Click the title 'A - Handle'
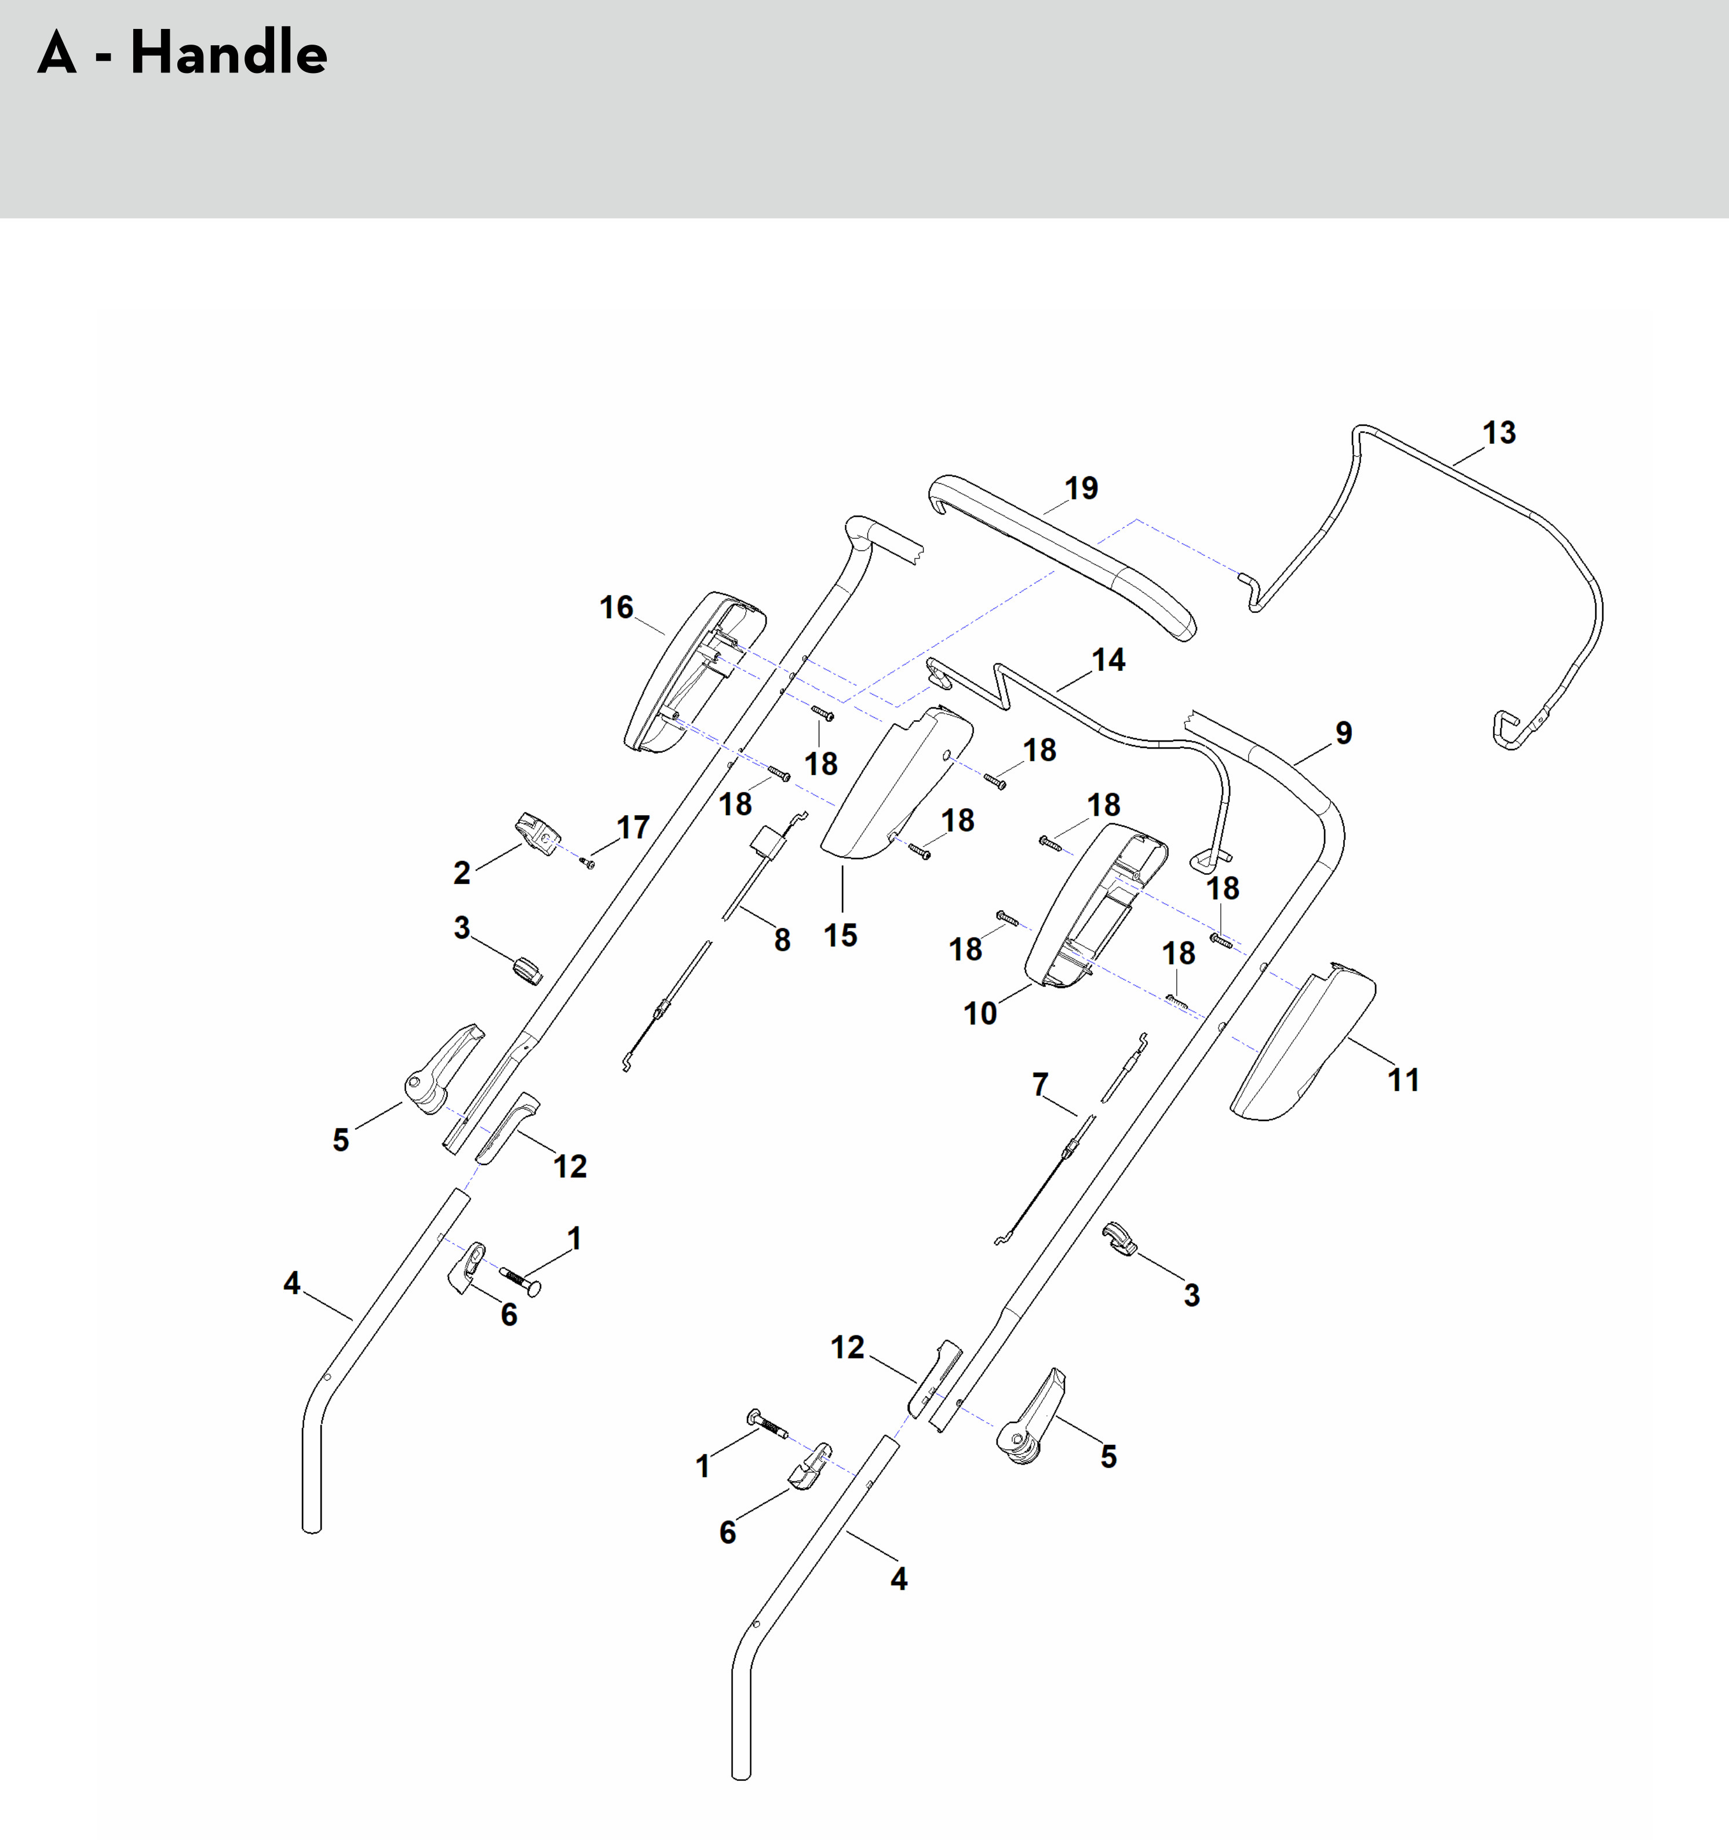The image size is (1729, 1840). point(183,53)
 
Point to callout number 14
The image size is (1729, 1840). point(1108,660)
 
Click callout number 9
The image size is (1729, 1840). point(1344,733)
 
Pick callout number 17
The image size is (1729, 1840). point(633,827)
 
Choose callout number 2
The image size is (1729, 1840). point(462,872)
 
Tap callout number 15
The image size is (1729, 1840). point(840,935)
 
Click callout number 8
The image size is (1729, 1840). point(782,940)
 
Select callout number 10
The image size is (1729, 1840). point(980,1013)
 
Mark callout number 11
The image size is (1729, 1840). point(1403,1079)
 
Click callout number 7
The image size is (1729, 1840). point(1041,1083)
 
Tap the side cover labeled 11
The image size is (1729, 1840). point(1305,1041)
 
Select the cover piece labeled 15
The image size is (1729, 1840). point(893,787)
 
